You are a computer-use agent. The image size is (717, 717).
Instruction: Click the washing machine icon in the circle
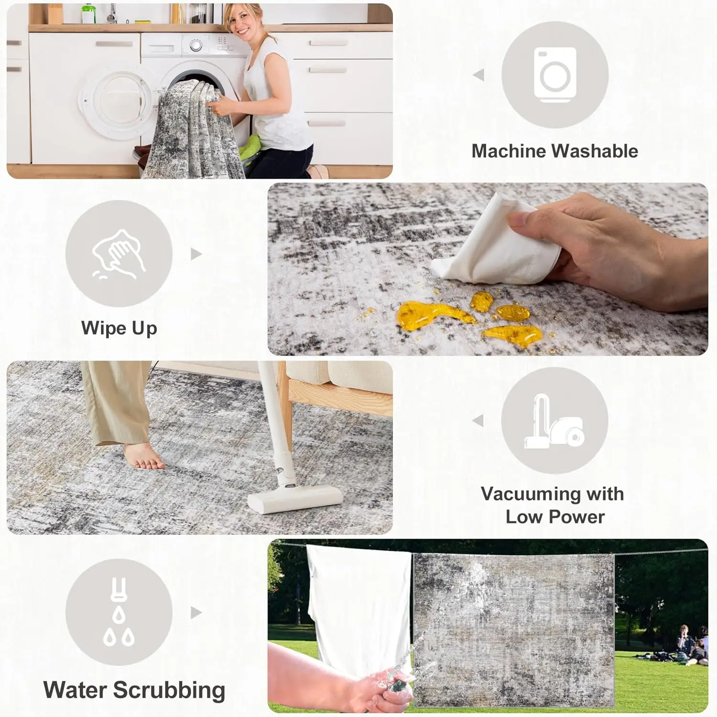[x=555, y=75]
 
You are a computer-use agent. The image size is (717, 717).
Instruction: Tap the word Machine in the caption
[x=508, y=151]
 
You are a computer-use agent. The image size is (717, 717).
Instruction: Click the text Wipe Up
[x=119, y=328]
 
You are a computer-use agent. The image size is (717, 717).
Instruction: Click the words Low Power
[x=555, y=517]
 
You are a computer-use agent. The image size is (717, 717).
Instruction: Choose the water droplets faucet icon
[x=119, y=612]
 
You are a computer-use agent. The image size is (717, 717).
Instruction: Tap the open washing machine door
[x=115, y=102]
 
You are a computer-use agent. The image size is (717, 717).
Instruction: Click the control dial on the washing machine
[x=196, y=45]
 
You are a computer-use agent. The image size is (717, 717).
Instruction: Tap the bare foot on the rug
[x=143, y=456]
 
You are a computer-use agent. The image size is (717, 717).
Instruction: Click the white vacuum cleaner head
[x=295, y=499]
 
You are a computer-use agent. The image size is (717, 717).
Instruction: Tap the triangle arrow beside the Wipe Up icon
[x=196, y=254]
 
